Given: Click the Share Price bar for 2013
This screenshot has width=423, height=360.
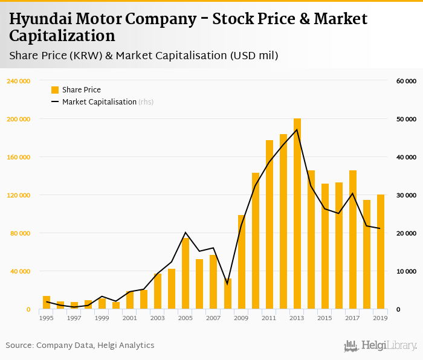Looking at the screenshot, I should pyautogui.click(x=297, y=214).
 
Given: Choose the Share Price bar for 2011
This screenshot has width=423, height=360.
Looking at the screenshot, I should pyautogui.click(x=270, y=225).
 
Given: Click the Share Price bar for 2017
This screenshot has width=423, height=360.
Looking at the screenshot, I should pyautogui.click(x=353, y=240).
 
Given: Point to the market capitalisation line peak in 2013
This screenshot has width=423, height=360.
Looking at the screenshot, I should pyautogui.click(x=297, y=129).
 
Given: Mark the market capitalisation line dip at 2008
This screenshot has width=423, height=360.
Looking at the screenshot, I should pyautogui.click(x=228, y=283).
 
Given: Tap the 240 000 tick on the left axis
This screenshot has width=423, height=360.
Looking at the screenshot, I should pyautogui.click(x=18, y=81).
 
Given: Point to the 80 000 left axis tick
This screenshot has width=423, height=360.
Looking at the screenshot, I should pyautogui.click(x=19, y=233).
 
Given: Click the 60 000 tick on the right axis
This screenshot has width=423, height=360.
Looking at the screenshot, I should pyautogui.click(x=406, y=81).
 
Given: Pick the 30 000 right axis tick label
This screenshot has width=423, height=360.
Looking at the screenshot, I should pyautogui.click(x=406, y=195).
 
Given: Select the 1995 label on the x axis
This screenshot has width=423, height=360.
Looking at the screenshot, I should pyautogui.click(x=47, y=318).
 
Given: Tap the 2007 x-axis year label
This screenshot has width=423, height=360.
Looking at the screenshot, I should pyautogui.click(x=213, y=318).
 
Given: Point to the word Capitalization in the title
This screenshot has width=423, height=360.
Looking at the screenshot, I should pyautogui.click(x=62, y=36).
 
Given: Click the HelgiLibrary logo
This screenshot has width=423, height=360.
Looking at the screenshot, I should pyautogui.click(x=380, y=346).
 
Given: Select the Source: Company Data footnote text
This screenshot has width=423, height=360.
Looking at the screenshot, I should pyautogui.click(x=80, y=346).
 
